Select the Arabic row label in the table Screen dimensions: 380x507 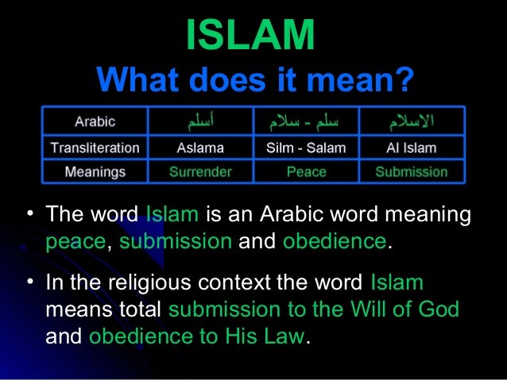(95, 121)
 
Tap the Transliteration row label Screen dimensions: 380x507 (95, 147)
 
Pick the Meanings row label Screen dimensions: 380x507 (95, 171)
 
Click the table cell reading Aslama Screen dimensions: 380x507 (200, 147)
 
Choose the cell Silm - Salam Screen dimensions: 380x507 (306, 147)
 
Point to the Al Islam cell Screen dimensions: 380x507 (411, 147)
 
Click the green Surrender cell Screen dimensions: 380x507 (200, 171)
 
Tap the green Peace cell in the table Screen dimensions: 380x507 (306, 171)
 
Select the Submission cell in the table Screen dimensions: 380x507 (411, 171)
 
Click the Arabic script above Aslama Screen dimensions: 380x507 (200, 121)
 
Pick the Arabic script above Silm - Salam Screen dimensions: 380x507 (306, 121)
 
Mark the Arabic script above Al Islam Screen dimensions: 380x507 (411, 121)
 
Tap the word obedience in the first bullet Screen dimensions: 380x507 (333, 241)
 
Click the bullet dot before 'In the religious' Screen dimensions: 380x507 (29, 281)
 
